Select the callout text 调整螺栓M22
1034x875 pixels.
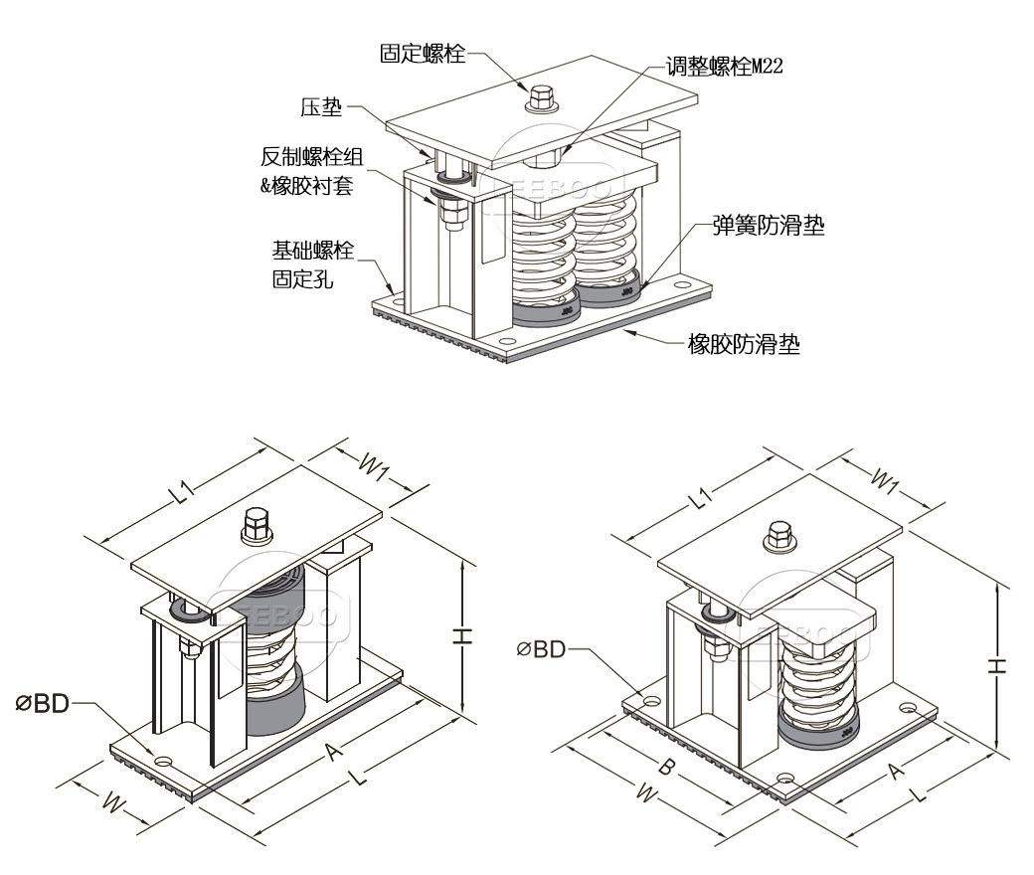pos(727,67)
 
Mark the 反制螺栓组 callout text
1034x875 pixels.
pos(308,157)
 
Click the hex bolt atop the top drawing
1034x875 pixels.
pos(542,97)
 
